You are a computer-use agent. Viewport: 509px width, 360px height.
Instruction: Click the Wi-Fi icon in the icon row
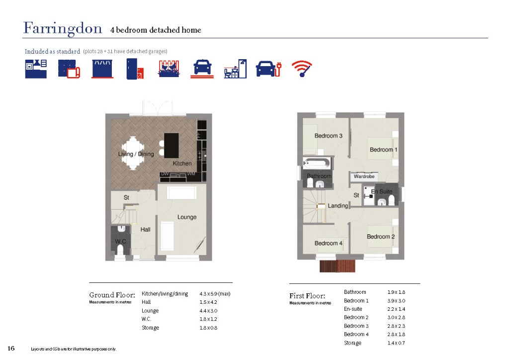(302, 69)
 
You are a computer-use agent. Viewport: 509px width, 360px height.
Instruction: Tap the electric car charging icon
(269, 69)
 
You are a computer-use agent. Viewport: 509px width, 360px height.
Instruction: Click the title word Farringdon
(63, 28)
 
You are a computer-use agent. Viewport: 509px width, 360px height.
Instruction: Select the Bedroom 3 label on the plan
(328, 136)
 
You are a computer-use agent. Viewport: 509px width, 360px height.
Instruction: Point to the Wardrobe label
(364, 176)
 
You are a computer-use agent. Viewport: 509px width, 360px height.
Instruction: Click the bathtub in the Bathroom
(317, 163)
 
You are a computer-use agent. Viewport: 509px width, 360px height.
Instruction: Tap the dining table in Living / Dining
(133, 153)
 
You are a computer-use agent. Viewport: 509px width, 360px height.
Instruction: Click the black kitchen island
(171, 145)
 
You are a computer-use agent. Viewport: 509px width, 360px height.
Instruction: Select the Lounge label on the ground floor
(187, 217)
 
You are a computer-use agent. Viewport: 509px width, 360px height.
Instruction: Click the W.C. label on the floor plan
(121, 242)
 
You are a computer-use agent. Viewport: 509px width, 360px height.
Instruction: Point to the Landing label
(338, 206)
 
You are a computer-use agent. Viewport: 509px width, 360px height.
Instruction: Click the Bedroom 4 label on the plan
(328, 243)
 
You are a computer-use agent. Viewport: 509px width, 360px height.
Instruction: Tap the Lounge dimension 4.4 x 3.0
(208, 311)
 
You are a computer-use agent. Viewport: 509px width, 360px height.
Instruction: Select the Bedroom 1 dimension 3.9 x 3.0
(396, 301)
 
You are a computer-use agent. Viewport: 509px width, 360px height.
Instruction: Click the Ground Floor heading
(112, 295)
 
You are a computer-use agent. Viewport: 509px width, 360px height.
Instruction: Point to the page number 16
(11, 348)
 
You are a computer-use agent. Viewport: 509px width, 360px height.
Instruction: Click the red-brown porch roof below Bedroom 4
(338, 266)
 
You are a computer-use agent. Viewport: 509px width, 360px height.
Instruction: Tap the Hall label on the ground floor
(145, 230)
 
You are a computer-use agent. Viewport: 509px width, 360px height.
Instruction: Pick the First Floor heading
(307, 296)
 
